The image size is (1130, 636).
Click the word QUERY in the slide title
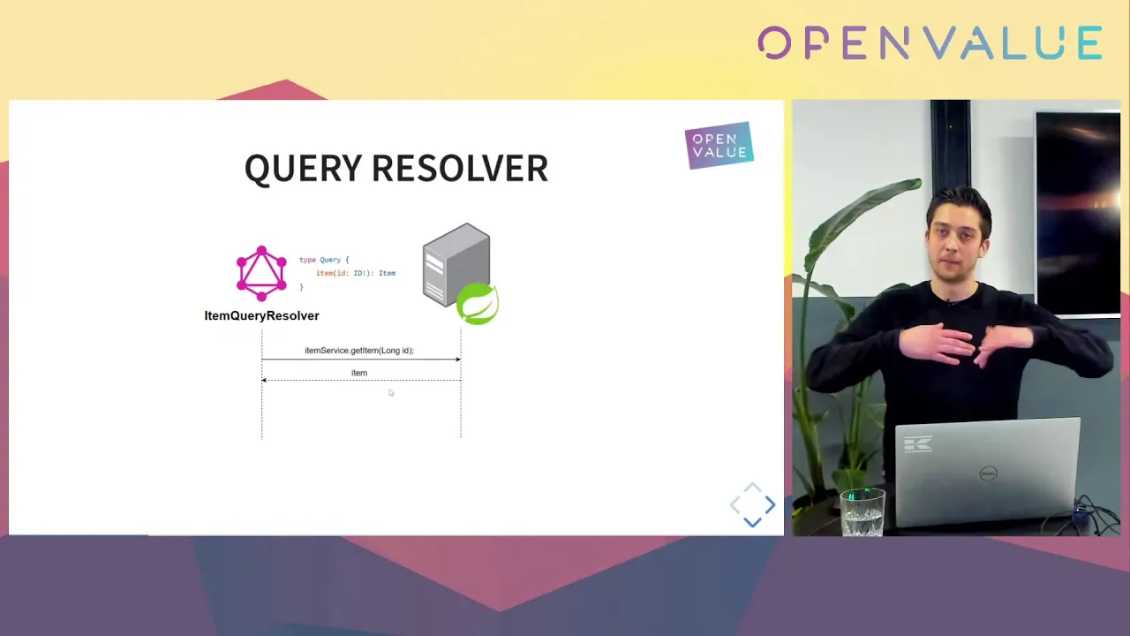tap(303, 169)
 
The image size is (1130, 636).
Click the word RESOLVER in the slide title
tap(460, 168)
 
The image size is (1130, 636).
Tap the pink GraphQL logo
tap(261, 273)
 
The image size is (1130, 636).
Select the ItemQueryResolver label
tap(261, 316)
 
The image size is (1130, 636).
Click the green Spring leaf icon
tap(478, 303)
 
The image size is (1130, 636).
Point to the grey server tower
tap(456, 265)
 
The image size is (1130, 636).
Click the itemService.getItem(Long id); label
tap(359, 351)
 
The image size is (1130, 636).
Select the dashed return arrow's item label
tap(359, 373)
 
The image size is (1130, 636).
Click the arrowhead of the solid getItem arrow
tap(458, 360)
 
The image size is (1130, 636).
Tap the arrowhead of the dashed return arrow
tap(264, 380)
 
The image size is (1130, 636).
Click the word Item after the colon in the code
tap(387, 273)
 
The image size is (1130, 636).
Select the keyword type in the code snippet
tap(307, 260)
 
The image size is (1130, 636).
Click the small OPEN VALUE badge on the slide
tap(719, 146)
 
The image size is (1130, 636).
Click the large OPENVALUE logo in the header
tap(930, 43)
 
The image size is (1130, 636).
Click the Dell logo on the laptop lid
tap(988, 473)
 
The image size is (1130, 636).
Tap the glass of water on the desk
tap(863, 511)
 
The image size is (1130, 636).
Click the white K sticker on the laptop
tap(918, 444)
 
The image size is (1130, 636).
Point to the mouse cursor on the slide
tap(391, 393)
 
